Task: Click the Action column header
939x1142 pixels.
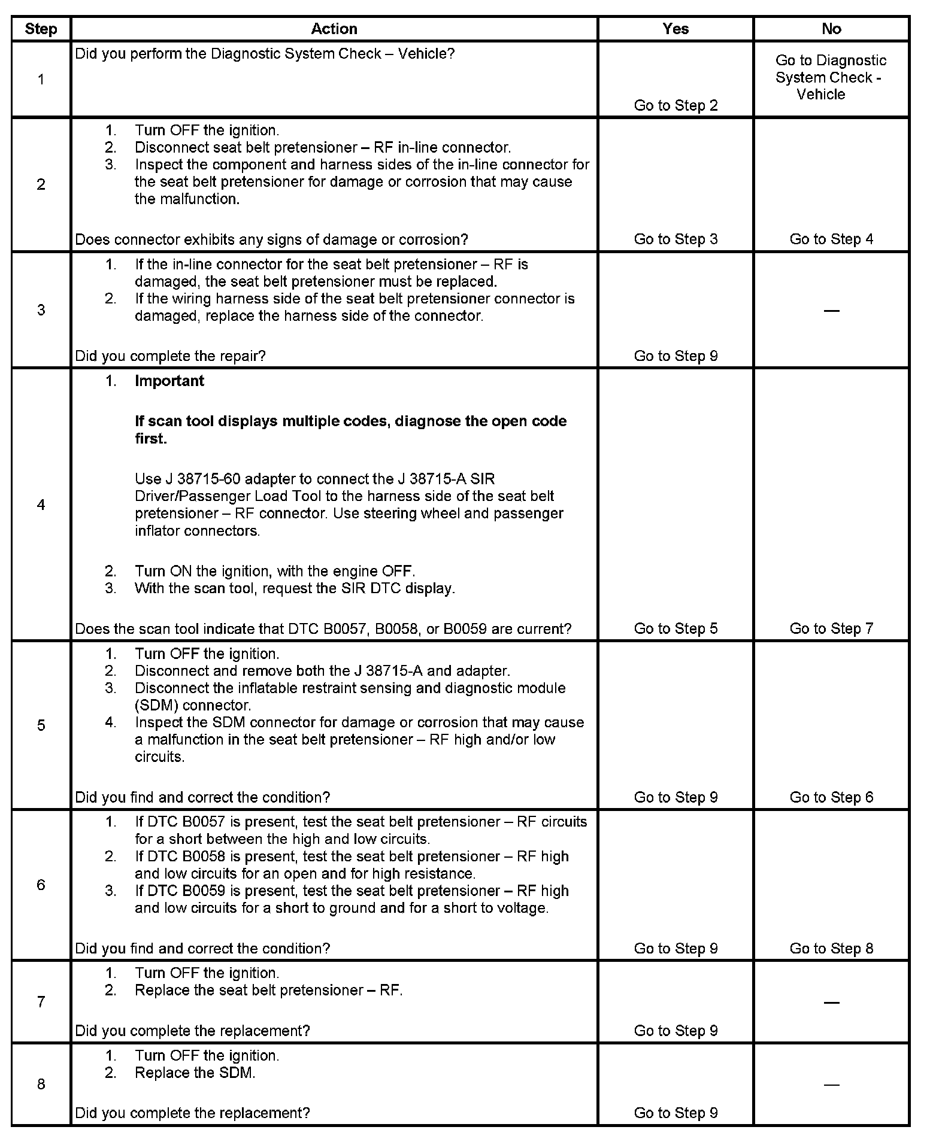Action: pyautogui.click(x=334, y=29)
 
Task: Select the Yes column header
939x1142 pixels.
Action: pyautogui.click(x=676, y=29)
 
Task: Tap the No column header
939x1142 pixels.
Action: pyautogui.click(x=831, y=29)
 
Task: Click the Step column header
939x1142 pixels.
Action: pyautogui.click(x=41, y=29)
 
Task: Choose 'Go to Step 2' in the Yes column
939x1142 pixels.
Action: pyautogui.click(x=676, y=105)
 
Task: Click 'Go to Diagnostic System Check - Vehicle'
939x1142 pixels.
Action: pyautogui.click(x=831, y=77)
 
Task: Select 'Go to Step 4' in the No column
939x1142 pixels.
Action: pyautogui.click(x=831, y=239)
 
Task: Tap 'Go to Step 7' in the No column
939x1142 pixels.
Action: pyautogui.click(x=831, y=628)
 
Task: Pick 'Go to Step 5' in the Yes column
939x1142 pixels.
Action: pyautogui.click(x=676, y=628)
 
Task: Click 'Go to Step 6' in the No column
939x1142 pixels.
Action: pyautogui.click(x=831, y=797)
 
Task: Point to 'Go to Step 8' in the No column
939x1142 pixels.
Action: pyautogui.click(x=831, y=948)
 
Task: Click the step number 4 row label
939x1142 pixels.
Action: pyautogui.click(x=41, y=505)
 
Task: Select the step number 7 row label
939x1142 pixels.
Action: pyautogui.click(x=41, y=1001)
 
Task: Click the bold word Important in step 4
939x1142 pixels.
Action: pyautogui.click(x=169, y=381)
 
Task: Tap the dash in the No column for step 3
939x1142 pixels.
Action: pyautogui.click(x=831, y=310)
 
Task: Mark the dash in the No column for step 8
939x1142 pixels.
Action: pyautogui.click(x=831, y=1084)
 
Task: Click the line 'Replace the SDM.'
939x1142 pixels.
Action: pyautogui.click(x=195, y=1073)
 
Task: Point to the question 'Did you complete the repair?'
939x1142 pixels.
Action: pyautogui.click(x=170, y=356)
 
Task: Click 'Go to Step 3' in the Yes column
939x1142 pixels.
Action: pyautogui.click(x=676, y=239)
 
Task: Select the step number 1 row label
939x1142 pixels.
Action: pyautogui.click(x=41, y=79)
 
